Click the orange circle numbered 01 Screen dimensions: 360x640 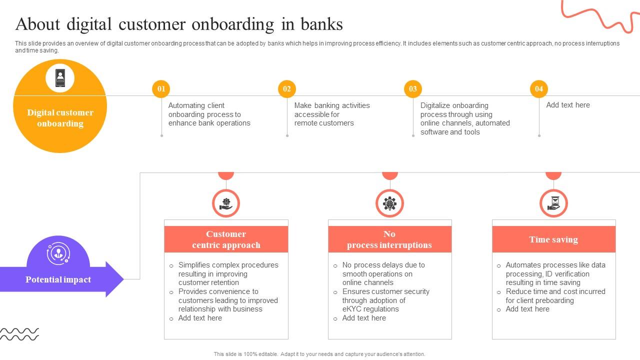161,89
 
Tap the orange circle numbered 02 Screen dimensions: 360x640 287,89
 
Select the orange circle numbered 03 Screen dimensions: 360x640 413,89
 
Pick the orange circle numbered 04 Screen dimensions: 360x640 539,89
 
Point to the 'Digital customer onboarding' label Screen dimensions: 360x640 60,118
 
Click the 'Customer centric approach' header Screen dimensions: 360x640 226,239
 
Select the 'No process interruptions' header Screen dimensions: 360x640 389,239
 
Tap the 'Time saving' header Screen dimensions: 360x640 553,239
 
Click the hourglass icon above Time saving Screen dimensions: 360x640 553,203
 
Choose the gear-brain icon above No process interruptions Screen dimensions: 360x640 389,203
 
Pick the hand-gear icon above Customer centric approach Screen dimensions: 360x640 226,203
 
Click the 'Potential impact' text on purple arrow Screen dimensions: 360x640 58,279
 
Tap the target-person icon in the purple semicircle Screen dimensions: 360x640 58,253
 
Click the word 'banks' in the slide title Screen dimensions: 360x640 321,24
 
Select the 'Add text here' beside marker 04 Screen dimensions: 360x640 568,105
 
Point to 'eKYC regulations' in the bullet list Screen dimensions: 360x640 370,309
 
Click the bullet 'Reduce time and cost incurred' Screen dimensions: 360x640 555,291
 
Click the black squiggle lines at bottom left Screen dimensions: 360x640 19,334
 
